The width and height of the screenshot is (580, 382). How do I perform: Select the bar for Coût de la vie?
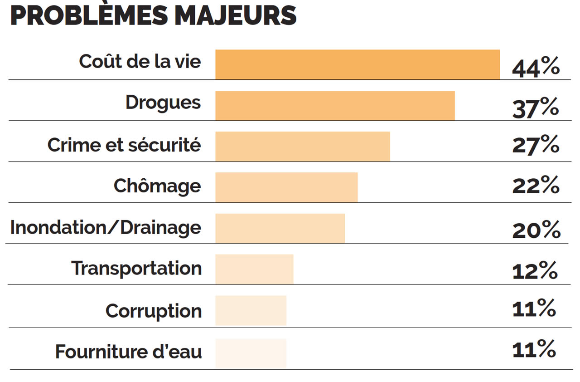point(358,64)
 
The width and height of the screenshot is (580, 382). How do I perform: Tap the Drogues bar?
point(335,105)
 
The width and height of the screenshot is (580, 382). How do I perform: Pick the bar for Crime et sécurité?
point(303,146)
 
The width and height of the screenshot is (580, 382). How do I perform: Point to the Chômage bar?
point(286,187)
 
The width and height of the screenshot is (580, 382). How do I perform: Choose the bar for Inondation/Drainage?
point(280,228)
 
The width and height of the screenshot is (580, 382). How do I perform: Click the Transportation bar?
point(254,269)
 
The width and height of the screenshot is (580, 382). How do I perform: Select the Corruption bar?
point(251,310)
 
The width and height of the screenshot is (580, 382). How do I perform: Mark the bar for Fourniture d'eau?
point(251,353)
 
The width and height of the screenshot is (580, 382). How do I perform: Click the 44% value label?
point(536,68)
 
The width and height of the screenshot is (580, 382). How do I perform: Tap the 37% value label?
point(536,109)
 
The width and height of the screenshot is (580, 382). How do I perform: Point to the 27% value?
point(536,145)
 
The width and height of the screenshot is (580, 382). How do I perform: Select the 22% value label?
point(536,186)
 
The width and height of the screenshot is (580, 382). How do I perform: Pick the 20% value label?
point(536,230)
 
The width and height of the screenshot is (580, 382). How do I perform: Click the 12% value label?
point(535,271)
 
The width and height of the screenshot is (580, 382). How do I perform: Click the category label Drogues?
point(163,103)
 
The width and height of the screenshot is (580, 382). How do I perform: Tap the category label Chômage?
point(157,186)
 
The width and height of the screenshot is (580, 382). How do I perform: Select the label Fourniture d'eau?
point(128,352)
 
